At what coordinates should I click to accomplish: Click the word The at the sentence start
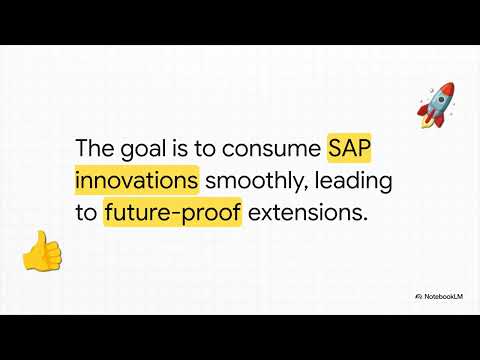[x=96, y=148]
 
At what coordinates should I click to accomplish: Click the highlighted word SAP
[x=352, y=148]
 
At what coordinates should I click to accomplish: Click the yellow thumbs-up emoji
[x=41, y=251]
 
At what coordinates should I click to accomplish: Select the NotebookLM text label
[x=448, y=297]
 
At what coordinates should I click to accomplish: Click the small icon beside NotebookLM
[x=418, y=297]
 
